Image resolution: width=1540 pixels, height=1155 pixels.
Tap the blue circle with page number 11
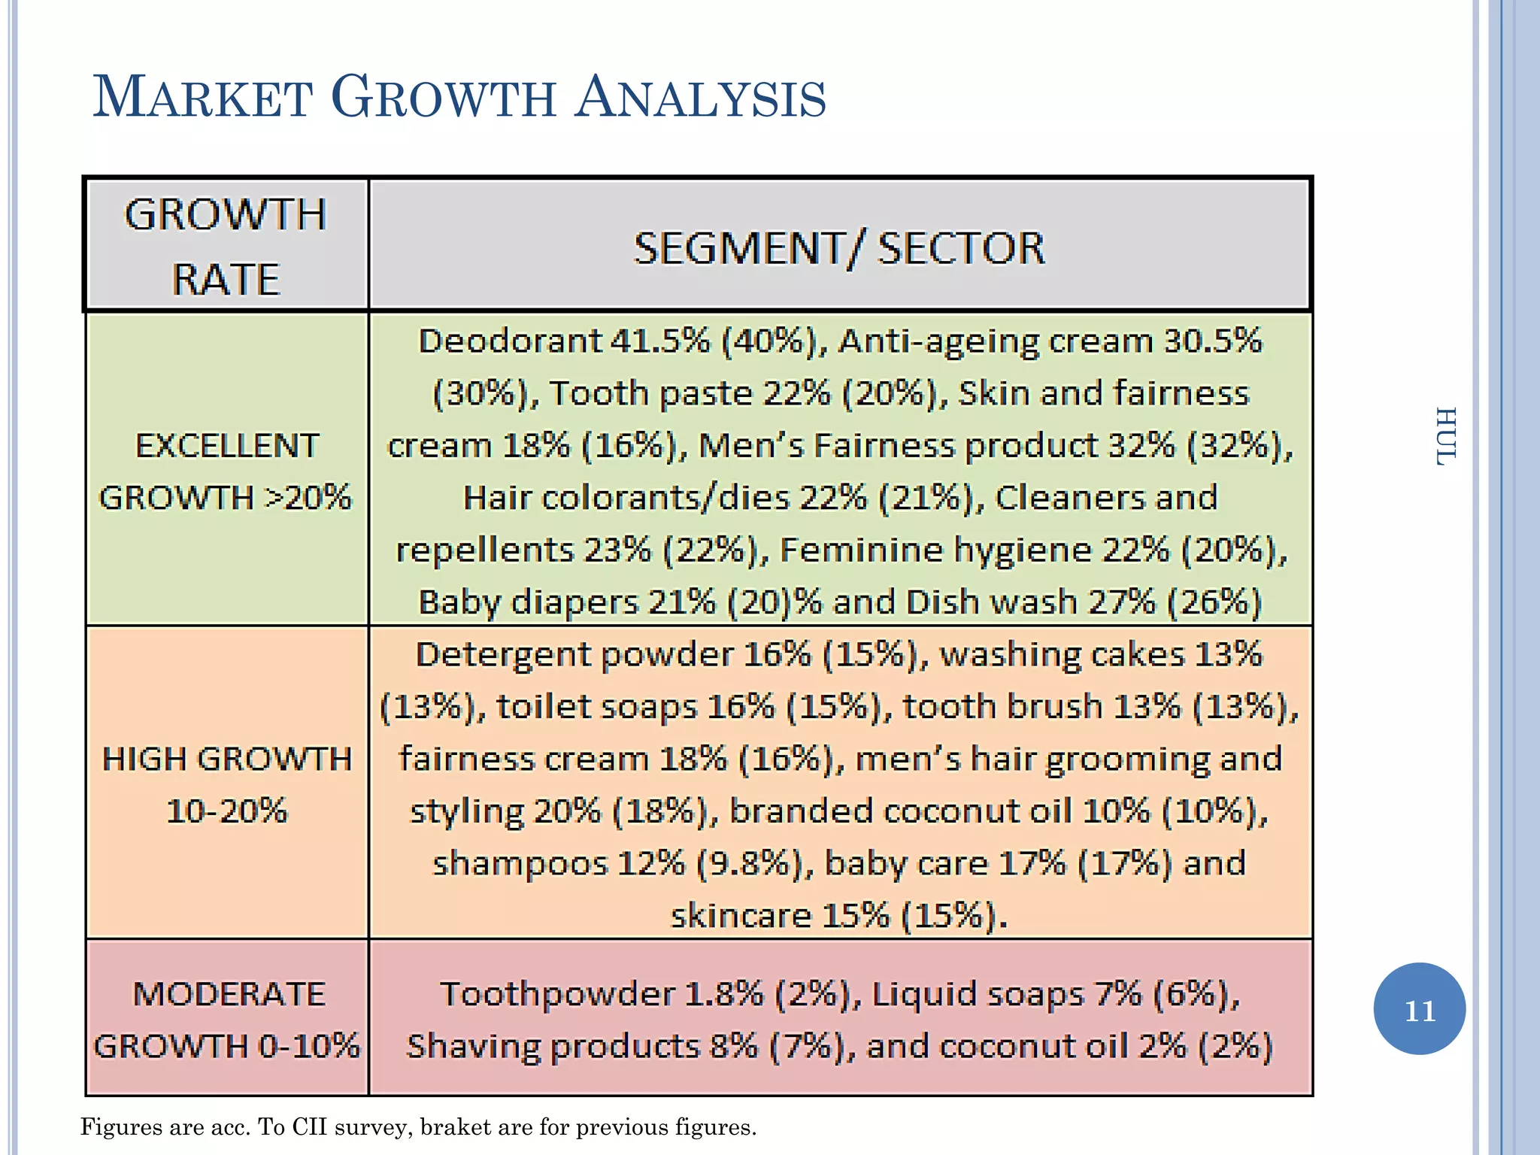(1419, 1010)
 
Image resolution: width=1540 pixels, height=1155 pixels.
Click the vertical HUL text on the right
(1445, 437)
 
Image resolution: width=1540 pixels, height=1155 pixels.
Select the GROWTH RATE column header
(226, 246)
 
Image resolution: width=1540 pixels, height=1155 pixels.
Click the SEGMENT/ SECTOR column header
(839, 248)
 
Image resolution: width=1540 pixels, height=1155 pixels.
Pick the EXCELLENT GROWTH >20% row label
(226, 471)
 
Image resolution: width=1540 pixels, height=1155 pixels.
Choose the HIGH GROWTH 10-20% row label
(226, 784)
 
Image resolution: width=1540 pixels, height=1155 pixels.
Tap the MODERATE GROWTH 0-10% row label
(226, 1020)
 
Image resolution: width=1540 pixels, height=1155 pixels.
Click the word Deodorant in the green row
(510, 341)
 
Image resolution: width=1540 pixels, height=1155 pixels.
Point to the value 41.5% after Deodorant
(659, 341)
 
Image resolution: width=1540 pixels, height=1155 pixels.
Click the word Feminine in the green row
(860, 550)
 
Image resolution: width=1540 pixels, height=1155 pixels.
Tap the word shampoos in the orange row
(519, 863)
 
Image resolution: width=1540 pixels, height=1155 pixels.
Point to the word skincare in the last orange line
(740, 916)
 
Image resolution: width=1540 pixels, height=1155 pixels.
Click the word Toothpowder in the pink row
(556, 994)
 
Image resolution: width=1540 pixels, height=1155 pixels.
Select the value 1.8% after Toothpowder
(723, 994)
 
